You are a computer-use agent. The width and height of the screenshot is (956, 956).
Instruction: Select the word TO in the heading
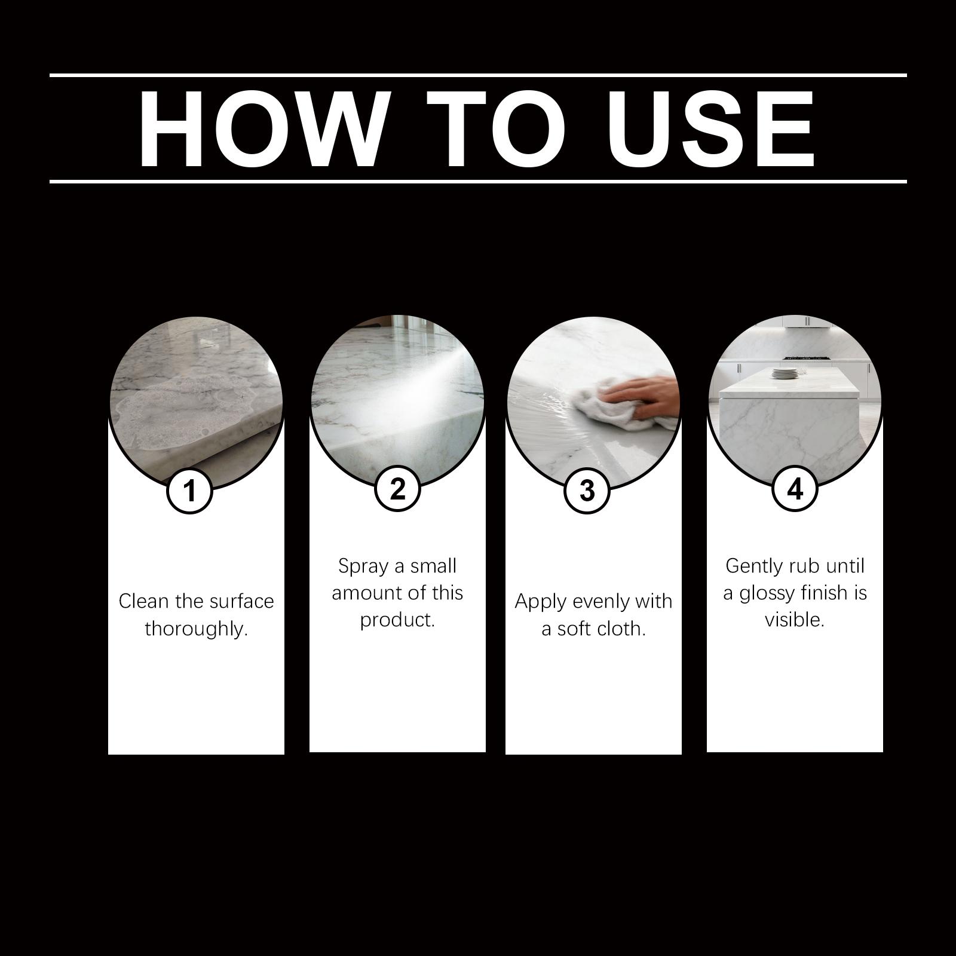click(496, 129)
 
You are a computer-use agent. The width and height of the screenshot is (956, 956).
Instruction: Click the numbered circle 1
click(190, 491)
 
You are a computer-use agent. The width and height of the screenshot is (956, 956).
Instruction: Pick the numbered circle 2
click(397, 489)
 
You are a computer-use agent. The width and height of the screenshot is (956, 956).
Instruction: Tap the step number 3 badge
click(587, 491)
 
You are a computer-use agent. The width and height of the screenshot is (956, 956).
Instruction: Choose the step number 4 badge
click(795, 489)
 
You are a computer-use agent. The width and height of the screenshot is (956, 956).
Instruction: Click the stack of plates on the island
click(783, 373)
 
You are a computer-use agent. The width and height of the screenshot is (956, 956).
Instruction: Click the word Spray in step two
click(362, 566)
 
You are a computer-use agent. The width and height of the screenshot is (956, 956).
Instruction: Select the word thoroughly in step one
click(196, 629)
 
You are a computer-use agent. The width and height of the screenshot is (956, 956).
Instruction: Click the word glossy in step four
click(774, 594)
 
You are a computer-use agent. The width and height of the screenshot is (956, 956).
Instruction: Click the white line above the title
click(478, 75)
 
